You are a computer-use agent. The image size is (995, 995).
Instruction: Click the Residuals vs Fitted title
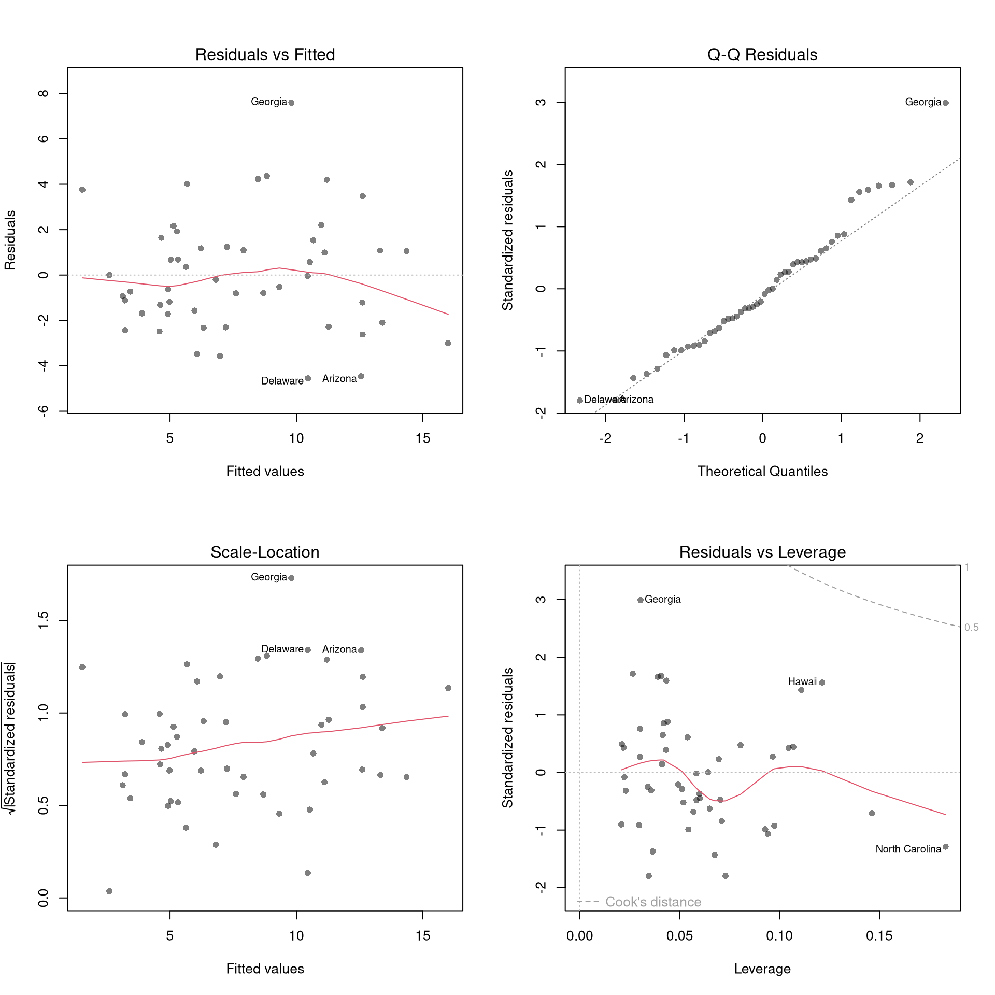pos(265,54)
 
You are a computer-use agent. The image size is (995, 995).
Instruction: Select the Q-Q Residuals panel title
pos(762,54)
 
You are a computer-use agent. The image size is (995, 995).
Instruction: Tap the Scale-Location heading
pos(265,552)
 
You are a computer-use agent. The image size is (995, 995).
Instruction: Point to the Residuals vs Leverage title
pos(762,552)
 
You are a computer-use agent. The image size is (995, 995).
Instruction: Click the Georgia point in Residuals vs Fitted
pos(291,103)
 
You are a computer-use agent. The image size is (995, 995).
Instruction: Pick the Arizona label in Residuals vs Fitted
pos(339,379)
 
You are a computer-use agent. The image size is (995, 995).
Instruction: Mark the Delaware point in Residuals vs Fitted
pos(308,378)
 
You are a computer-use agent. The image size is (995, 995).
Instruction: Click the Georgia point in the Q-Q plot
pos(946,103)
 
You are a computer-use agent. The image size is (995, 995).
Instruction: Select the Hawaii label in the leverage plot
pos(802,682)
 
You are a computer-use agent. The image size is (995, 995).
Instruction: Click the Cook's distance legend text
pos(653,902)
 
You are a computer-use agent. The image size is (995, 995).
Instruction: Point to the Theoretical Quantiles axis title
pos(762,471)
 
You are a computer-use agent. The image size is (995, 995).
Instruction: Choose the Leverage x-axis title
pos(762,969)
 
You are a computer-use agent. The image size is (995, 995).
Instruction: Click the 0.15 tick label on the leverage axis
pos(879,936)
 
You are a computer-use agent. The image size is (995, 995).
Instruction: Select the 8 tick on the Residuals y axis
pos(44,93)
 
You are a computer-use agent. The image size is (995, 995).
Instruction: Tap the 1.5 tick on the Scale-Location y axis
pos(44,620)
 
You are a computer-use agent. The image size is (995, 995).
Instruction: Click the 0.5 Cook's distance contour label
pos(971,628)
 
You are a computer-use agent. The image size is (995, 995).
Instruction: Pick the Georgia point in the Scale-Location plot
pos(291,578)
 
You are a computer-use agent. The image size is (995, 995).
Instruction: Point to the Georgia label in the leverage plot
pos(662,600)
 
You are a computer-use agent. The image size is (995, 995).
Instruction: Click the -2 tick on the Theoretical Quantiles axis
pos(605,438)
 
